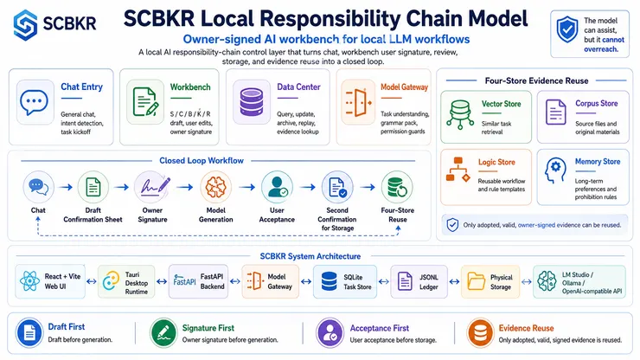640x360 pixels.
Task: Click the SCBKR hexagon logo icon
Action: [x=25, y=24]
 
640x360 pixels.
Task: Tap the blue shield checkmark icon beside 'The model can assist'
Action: [x=567, y=29]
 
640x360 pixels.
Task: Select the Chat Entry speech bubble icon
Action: [x=35, y=102]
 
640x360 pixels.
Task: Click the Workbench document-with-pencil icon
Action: [x=145, y=102]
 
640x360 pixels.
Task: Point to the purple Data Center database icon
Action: [x=252, y=102]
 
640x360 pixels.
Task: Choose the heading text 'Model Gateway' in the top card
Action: [x=404, y=87]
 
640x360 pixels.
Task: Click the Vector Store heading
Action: [x=502, y=104]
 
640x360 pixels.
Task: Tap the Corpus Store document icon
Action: [x=555, y=112]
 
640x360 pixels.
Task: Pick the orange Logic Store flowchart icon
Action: [x=458, y=169]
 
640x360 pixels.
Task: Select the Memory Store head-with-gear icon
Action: [x=555, y=170]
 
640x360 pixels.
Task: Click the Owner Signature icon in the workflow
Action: [x=152, y=187]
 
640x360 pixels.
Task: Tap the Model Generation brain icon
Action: [x=215, y=187]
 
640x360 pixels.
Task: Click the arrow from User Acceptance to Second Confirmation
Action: [x=308, y=187]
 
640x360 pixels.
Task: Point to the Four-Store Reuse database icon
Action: [x=397, y=187]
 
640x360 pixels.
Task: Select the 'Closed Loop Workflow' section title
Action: [x=202, y=161]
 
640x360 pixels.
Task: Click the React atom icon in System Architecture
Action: [x=29, y=281]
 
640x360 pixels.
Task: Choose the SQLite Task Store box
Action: [x=345, y=281]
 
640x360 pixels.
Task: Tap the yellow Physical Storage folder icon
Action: [x=476, y=281]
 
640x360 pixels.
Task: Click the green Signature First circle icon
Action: [x=163, y=333]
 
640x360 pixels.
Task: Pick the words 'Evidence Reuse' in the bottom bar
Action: [x=526, y=328]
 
